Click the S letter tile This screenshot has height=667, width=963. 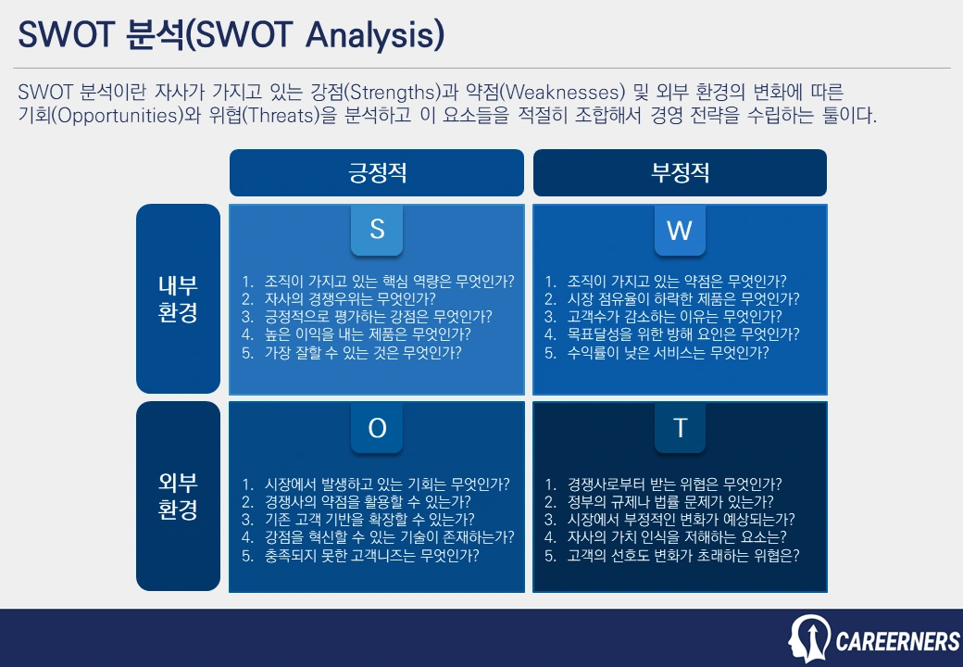point(377,230)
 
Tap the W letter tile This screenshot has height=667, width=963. point(680,230)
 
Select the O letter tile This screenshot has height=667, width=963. point(377,428)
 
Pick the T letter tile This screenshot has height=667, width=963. point(680,428)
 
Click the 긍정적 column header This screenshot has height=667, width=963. point(377,173)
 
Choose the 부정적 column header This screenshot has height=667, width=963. point(680,173)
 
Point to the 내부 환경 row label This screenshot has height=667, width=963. point(179,298)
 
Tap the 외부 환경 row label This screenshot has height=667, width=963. point(179,496)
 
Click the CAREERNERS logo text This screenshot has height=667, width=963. point(897,641)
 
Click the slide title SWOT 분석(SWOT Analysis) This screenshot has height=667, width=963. point(231,35)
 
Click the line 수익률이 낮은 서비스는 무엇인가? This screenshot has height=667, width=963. point(668,352)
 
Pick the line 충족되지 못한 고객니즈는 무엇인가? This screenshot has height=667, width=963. point(371,556)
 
